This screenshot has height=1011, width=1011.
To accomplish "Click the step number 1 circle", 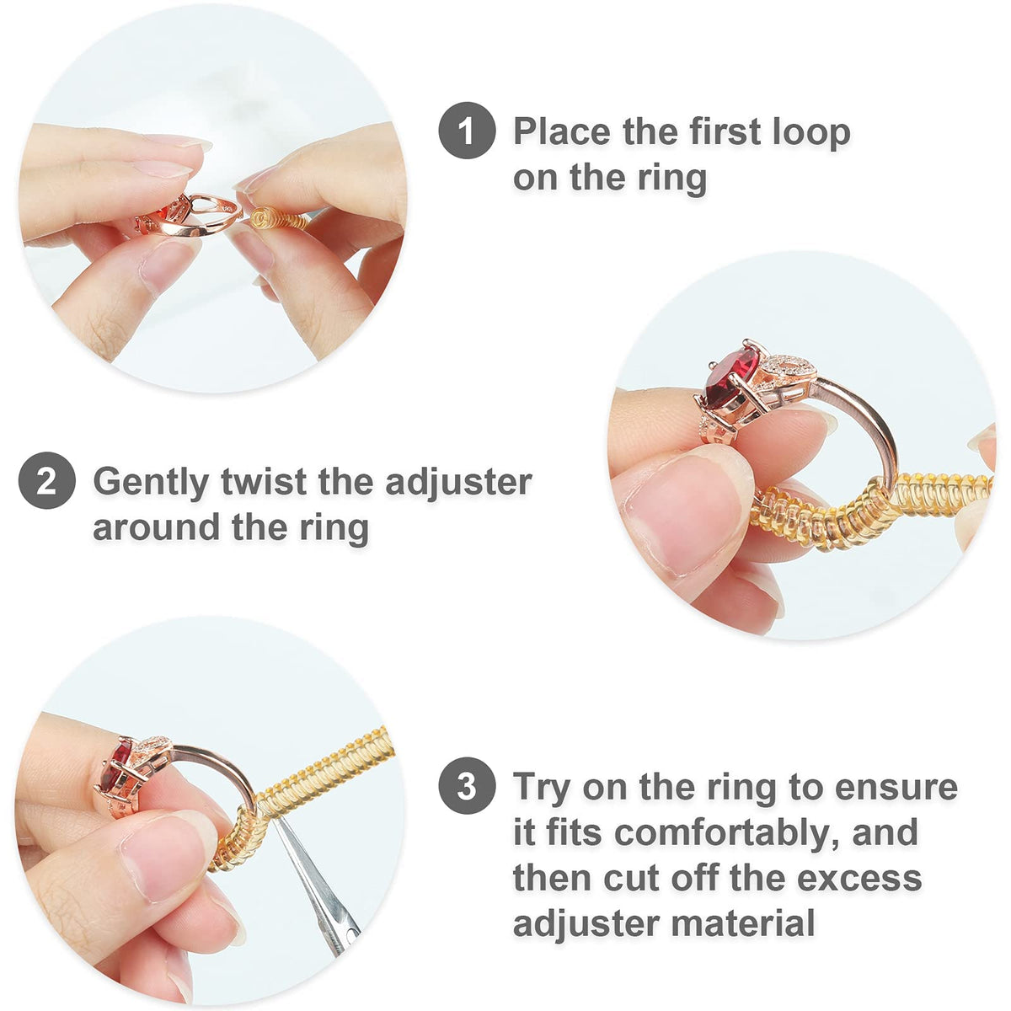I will (x=467, y=131).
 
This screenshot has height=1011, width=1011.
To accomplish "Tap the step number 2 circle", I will (x=47, y=481).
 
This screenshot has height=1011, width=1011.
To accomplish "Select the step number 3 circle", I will (x=467, y=786).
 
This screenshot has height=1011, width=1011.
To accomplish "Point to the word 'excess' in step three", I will (x=859, y=878).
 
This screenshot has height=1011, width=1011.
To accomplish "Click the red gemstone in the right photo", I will (x=731, y=381).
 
